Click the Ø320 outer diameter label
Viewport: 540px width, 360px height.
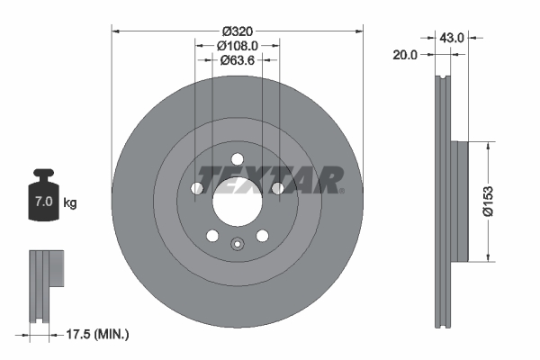point(238,29)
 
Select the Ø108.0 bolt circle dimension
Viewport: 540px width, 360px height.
point(238,44)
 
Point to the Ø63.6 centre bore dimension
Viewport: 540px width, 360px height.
point(238,61)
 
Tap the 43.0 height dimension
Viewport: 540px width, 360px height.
point(450,38)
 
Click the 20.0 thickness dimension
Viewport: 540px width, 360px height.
point(407,55)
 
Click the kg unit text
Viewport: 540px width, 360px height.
point(70,203)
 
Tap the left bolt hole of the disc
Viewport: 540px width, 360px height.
point(197,189)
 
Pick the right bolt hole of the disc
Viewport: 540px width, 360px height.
point(278,189)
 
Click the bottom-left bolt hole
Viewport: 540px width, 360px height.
point(212,236)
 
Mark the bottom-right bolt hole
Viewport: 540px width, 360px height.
point(263,236)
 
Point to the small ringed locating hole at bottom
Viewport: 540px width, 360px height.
point(238,243)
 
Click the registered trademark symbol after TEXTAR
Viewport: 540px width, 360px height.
point(341,190)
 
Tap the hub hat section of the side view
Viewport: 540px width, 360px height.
point(461,202)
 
